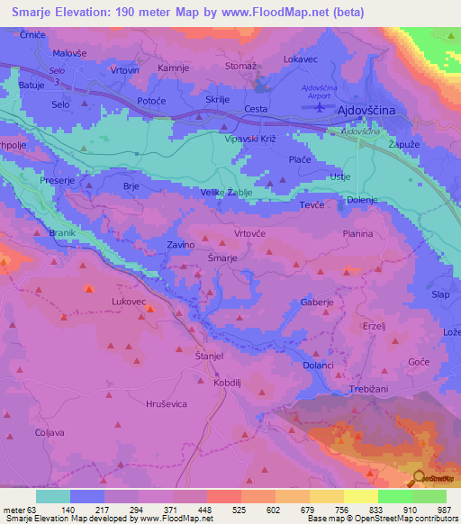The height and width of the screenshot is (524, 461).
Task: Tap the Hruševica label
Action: (166, 404)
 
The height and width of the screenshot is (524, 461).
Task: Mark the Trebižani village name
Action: (368, 389)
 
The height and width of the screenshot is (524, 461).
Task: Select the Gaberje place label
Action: (317, 303)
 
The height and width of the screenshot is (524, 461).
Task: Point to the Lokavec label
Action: (301, 59)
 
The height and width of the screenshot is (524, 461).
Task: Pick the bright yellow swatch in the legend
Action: (360, 496)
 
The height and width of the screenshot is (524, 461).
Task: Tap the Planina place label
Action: (357, 234)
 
